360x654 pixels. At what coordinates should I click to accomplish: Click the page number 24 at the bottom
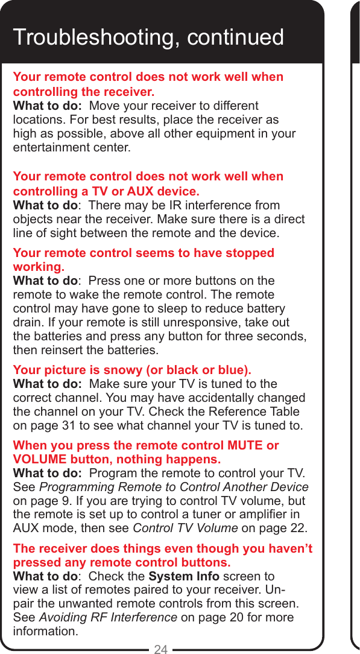161,649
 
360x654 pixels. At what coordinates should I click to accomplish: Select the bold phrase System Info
184,576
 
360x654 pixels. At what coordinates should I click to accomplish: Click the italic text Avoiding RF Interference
108,618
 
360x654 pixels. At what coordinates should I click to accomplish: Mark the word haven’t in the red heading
283,550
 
